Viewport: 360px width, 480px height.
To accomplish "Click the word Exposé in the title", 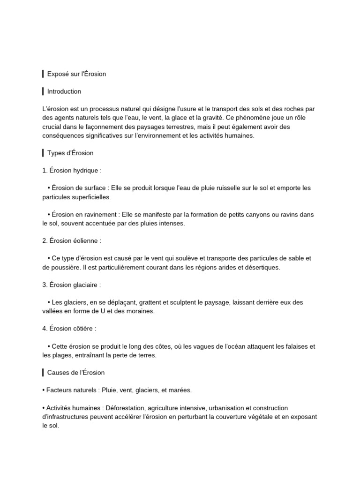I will coord(58,74).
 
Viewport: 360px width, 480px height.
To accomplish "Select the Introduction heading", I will coord(64,91).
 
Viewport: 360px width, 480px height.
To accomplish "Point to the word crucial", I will coord(53,127).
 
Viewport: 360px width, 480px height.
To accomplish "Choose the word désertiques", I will coord(262,267).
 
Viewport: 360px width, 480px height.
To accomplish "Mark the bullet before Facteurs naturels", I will coord(44,390).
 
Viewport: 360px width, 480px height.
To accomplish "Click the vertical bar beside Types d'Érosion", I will coord(43,153).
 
